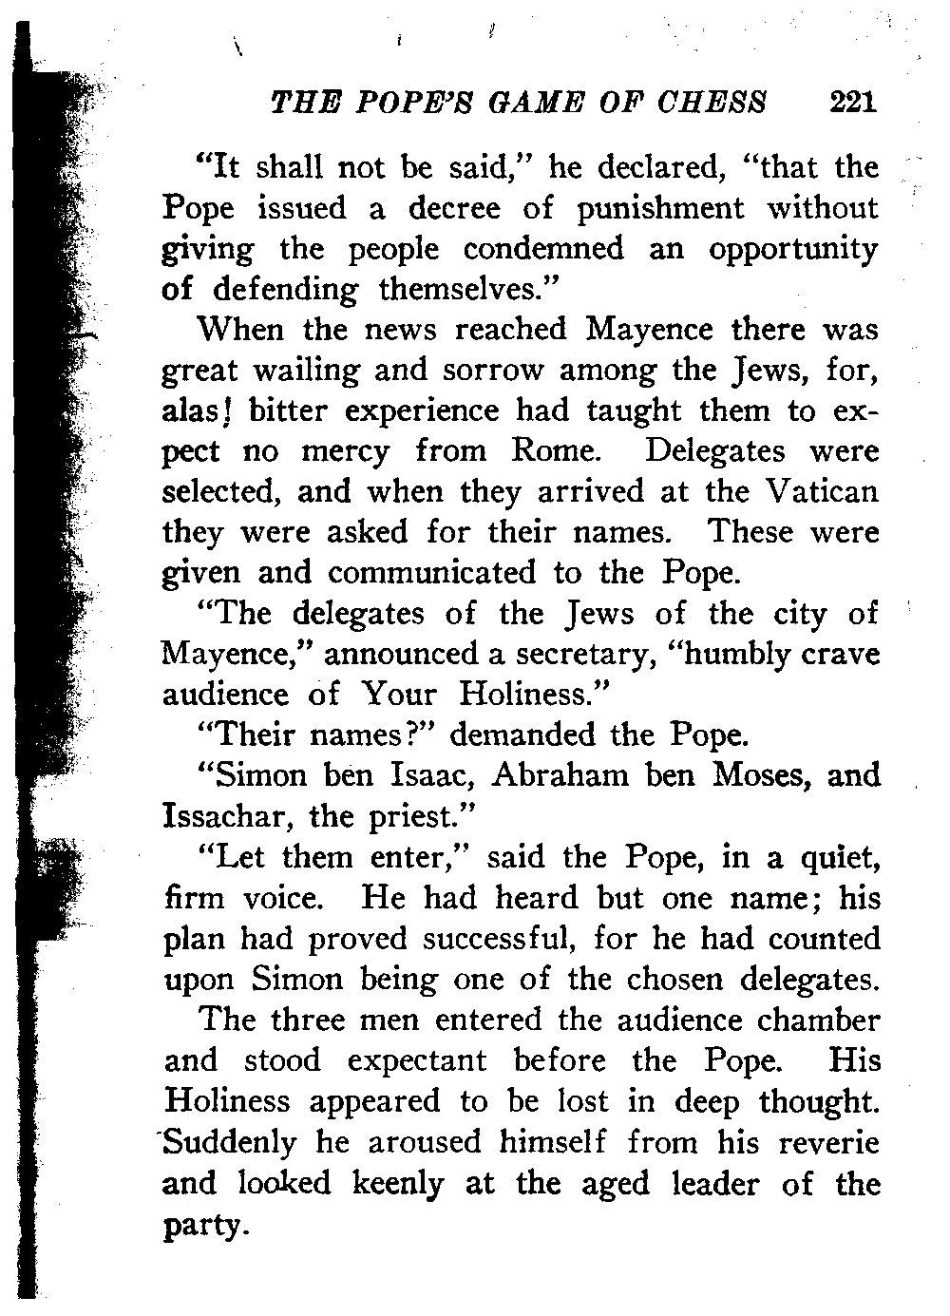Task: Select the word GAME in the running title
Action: pyautogui.click(x=530, y=101)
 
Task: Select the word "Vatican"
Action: pyautogui.click(x=822, y=492)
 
